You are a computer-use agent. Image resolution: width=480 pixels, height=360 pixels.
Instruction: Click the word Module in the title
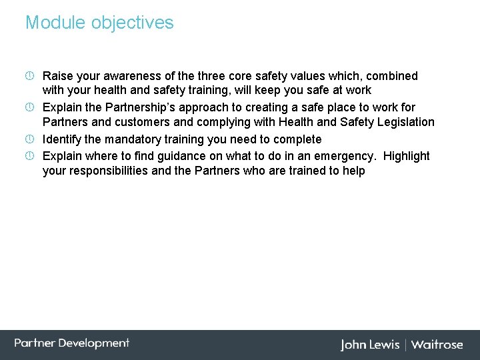[x=56, y=23]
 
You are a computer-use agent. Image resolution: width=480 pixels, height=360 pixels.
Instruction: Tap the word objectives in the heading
[x=133, y=23]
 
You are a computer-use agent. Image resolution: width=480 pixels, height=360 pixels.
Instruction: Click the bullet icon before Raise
[x=30, y=76]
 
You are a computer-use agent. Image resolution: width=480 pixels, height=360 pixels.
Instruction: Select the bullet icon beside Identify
[x=30, y=139]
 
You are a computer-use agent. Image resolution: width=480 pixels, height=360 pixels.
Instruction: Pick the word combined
[x=392, y=76]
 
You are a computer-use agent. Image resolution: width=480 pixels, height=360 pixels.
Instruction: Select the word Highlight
[x=407, y=156]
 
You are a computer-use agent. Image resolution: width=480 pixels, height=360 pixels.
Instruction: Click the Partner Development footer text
[x=72, y=343]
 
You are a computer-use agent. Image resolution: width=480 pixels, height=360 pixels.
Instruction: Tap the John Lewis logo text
[x=370, y=345]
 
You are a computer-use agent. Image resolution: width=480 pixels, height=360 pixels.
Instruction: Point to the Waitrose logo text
[x=437, y=345]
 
